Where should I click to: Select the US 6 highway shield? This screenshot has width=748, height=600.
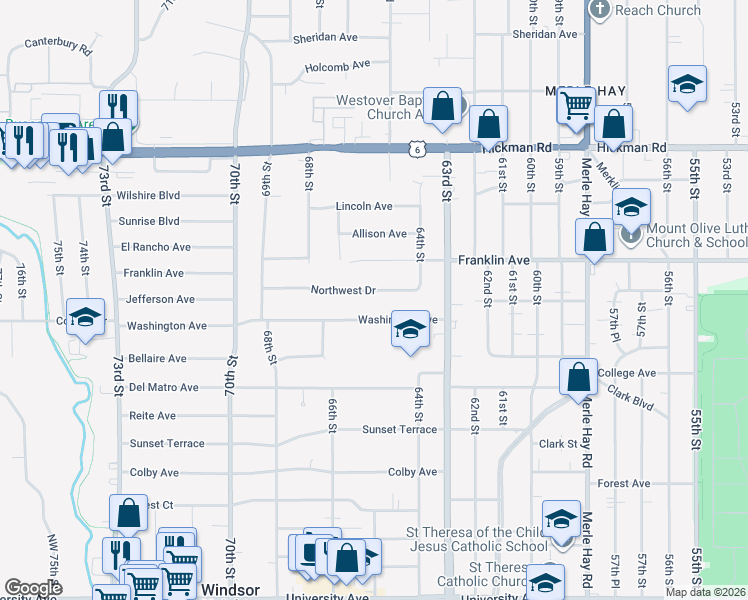click(415, 149)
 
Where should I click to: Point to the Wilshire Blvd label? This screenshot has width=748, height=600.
click(147, 196)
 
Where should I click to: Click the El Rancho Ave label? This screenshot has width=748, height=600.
click(155, 247)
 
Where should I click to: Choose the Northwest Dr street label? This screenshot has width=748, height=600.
click(343, 290)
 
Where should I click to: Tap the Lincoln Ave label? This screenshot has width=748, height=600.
click(364, 206)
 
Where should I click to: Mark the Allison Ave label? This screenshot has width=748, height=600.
click(379, 234)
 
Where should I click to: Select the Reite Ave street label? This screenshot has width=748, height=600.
click(152, 415)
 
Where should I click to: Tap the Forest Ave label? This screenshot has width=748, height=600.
click(624, 483)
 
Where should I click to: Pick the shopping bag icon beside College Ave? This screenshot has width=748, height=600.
click(579, 377)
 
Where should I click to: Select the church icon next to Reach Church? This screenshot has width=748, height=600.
click(600, 10)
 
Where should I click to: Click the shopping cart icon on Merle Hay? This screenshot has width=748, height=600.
click(576, 104)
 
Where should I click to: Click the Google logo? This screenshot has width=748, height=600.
click(34, 589)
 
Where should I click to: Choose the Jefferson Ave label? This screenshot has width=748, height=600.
click(160, 299)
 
